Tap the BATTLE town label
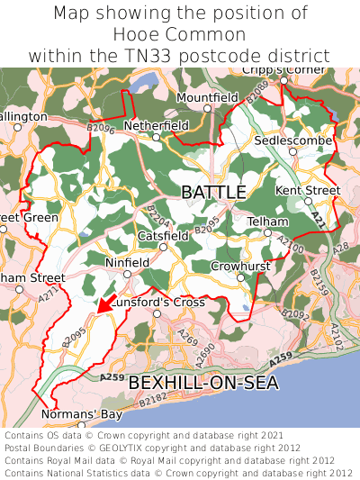[213, 193]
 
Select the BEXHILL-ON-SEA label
[203, 383]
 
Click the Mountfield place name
[207, 97]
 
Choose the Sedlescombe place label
[293, 142]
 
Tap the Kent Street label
[308, 191]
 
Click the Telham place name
[267, 222]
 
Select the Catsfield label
[163, 236]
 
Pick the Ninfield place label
[127, 264]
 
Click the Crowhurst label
[240, 267]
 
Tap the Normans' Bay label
[81, 414]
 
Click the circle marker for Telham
[267, 232]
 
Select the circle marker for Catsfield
[163, 247]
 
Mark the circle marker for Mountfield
[207, 108]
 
